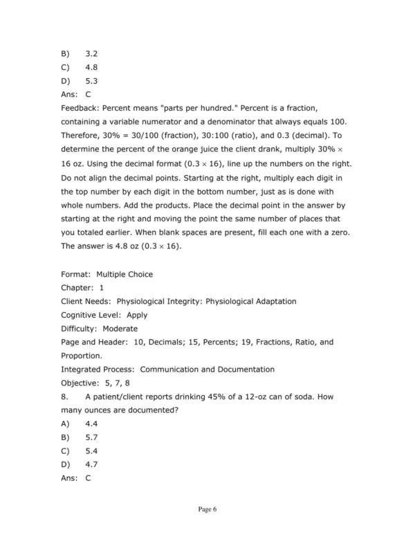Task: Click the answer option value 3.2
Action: pos(92,53)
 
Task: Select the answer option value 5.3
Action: pos(92,80)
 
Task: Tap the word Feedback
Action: pos(80,109)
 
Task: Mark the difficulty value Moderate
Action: pos(118,329)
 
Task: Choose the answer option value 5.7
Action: pos(92,437)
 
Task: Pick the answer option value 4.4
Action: pos(92,424)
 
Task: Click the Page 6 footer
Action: pos(207,510)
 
